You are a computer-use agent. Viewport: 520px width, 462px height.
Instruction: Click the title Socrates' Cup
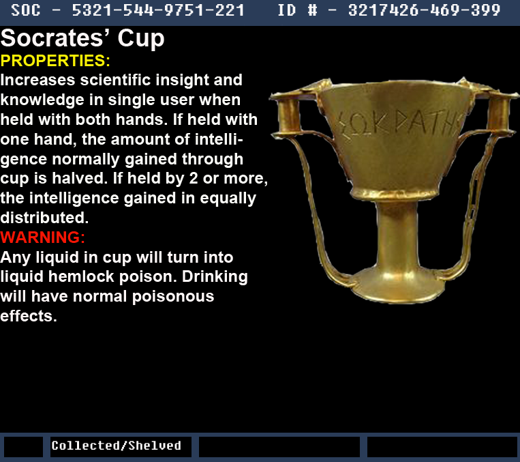[82, 39]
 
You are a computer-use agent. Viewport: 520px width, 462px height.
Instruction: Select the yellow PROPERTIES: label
[55, 61]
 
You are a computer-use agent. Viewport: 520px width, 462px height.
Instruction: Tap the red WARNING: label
[42, 237]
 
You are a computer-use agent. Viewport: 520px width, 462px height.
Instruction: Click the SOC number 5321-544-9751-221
[158, 10]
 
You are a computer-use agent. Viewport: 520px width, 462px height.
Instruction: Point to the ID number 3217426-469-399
[424, 10]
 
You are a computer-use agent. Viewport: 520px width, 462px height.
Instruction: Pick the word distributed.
[44, 218]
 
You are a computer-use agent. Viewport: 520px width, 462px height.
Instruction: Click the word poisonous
[173, 297]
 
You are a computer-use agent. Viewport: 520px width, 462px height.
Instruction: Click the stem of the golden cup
[397, 236]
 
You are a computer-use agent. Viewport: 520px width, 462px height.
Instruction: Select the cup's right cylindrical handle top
[498, 115]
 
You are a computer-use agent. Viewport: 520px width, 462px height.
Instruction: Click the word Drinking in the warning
[215, 277]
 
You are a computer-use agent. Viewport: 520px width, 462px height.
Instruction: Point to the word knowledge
[42, 100]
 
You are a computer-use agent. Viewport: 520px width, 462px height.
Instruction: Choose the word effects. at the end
[29, 316]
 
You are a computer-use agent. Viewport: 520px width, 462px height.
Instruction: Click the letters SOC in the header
[25, 10]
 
